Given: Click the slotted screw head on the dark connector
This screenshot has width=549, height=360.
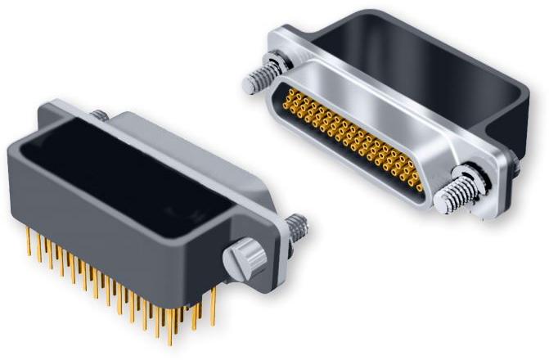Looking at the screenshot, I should point(243,259).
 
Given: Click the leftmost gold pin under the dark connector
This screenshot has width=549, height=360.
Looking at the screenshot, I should point(29,242).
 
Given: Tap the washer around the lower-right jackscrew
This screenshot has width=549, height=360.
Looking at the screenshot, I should point(470,182).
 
